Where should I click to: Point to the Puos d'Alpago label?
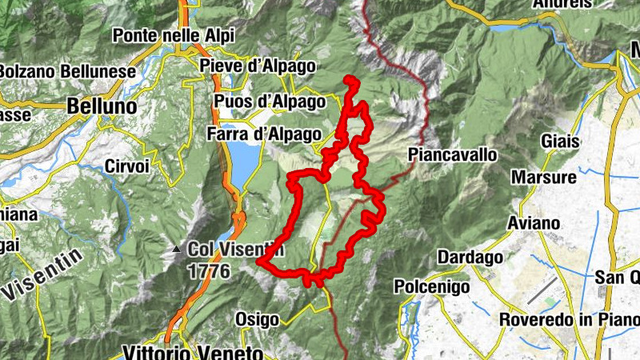270,102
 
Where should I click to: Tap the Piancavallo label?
452,154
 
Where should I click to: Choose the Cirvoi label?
126,167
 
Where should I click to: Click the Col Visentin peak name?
236,250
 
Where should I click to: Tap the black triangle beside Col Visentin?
176,250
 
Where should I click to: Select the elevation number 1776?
209,271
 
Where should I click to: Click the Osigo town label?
257,319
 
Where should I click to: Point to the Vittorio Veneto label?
193,352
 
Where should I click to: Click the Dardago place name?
470,257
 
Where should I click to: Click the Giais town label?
559,141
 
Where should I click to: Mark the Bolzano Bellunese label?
66,71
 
